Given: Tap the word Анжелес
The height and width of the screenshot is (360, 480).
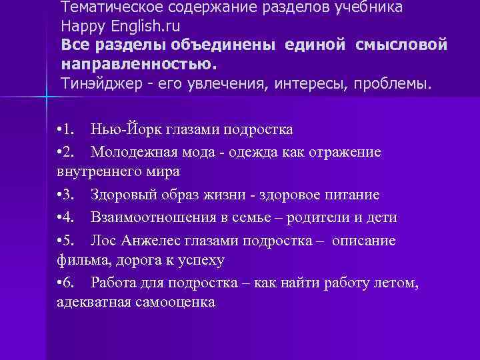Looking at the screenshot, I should [x=150, y=241].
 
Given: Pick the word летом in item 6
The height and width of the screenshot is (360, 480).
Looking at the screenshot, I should [x=397, y=283].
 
